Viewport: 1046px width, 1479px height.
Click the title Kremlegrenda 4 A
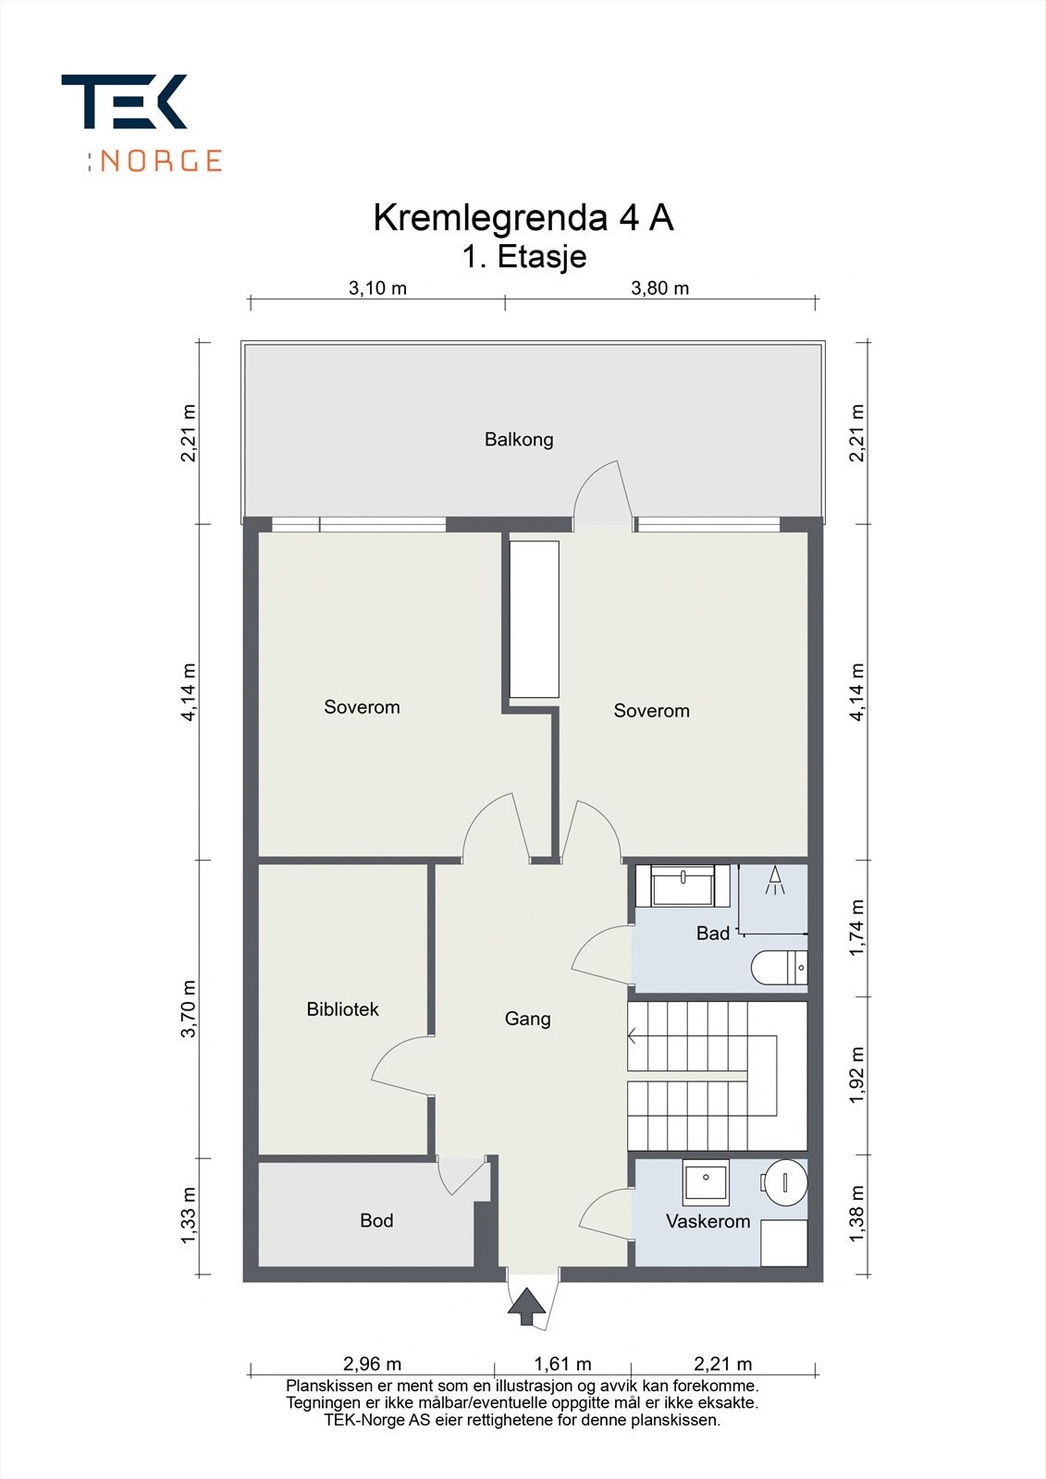pos(523,218)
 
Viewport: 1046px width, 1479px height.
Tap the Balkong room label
pos(519,439)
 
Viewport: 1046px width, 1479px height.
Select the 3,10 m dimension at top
pos(377,287)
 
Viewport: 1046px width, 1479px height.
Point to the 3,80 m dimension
pos(659,287)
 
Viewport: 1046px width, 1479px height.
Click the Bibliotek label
pos(342,1009)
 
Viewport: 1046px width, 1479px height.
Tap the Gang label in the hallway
pos(527,1019)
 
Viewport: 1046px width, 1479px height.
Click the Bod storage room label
pos(376,1220)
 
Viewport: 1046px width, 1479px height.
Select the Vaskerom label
pos(708,1221)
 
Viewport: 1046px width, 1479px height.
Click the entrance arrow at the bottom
pos(527,1306)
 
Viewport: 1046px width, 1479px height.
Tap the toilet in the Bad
pos(778,969)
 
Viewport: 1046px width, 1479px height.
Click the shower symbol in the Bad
pos(774,881)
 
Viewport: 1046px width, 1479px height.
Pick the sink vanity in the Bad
pos(683,886)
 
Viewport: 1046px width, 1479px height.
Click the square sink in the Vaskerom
pos(706,1181)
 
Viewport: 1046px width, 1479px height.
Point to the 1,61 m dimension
pos(562,1363)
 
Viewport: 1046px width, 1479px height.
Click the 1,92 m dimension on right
pos(857,1074)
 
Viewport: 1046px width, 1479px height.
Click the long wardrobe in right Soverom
pos(535,619)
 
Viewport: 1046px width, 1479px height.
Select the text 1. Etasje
pos(523,256)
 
